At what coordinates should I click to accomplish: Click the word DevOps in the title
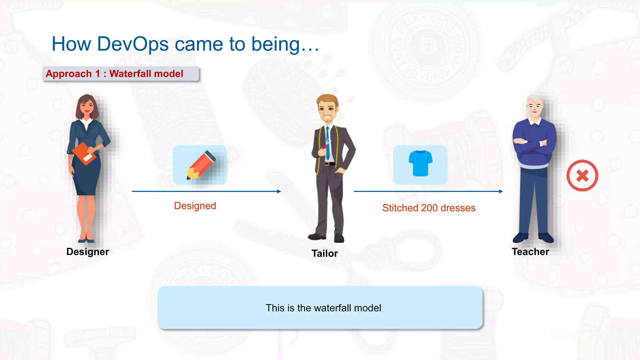[133, 44]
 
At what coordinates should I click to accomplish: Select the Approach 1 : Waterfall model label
[114, 74]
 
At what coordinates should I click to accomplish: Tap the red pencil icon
[201, 165]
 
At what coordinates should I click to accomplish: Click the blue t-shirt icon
[420, 163]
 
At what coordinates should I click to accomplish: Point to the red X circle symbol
[582, 176]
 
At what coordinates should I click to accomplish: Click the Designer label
[87, 252]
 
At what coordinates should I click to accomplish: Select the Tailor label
[325, 253]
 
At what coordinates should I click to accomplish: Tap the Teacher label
[530, 252]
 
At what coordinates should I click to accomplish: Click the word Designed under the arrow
[195, 206]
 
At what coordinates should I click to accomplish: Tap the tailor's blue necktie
[327, 142]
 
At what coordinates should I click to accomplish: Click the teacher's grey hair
[534, 99]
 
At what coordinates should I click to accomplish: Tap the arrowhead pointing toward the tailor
[279, 191]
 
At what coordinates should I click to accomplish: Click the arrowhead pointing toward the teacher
[501, 191]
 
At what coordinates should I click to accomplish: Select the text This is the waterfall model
[323, 308]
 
